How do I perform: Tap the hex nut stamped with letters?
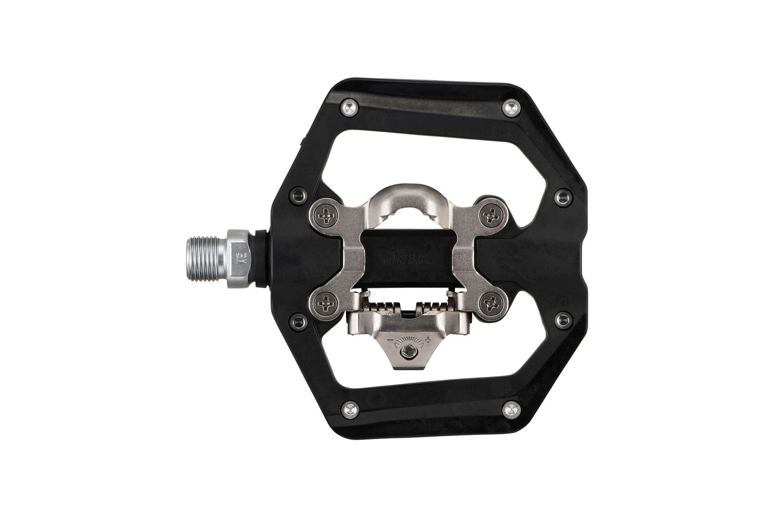pos(239,259)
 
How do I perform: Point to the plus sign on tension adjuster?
pos(434,329)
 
